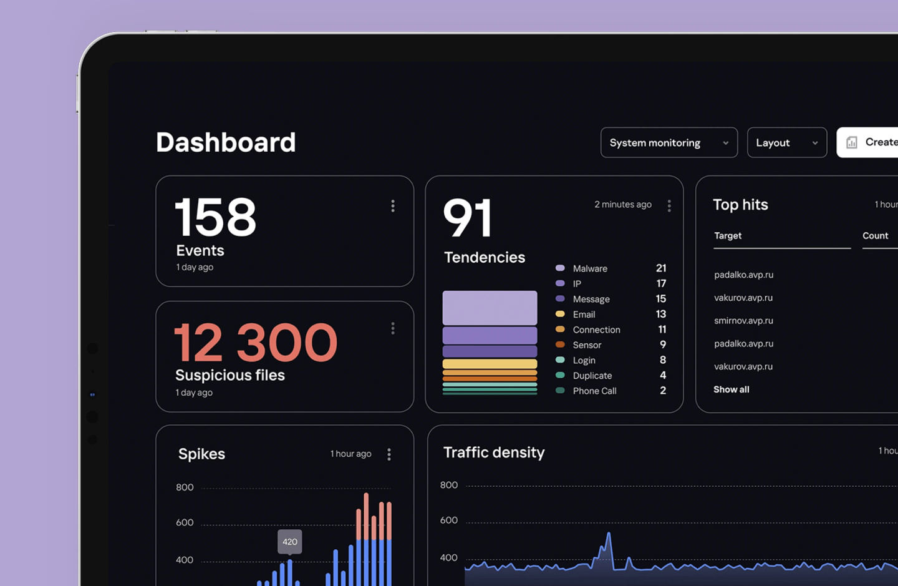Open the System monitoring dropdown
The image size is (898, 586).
click(x=669, y=143)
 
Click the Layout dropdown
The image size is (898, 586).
click(x=787, y=143)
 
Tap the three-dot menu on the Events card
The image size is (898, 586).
click(x=393, y=206)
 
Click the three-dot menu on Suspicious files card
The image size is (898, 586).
click(x=393, y=328)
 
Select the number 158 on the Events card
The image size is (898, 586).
click(x=215, y=217)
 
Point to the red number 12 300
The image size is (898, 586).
click(x=256, y=342)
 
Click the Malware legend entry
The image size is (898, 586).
click(x=590, y=268)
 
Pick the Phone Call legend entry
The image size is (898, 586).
click(x=594, y=391)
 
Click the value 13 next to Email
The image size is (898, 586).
click(x=660, y=314)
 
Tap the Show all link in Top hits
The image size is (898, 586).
click(x=731, y=389)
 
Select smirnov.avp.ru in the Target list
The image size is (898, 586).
click(x=743, y=321)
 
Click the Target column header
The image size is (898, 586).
click(x=728, y=235)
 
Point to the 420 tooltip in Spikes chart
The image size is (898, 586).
click(x=290, y=542)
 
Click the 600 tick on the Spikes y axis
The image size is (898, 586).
click(x=185, y=522)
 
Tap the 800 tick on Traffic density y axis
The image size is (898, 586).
click(x=448, y=485)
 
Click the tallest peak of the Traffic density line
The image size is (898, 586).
click(x=609, y=533)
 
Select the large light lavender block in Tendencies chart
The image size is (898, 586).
click(x=490, y=308)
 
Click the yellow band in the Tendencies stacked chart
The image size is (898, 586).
click(x=490, y=364)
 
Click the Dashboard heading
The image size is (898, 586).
click(x=226, y=142)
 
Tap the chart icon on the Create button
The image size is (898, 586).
click(x=851, y=142)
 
